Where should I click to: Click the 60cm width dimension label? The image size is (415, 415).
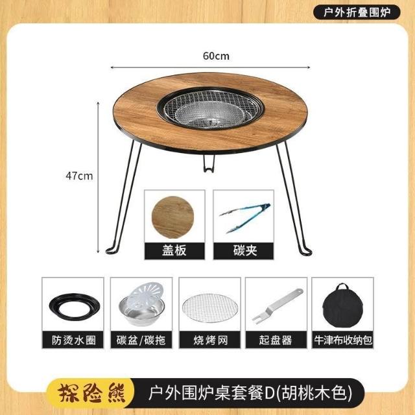216,56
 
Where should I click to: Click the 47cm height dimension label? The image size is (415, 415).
79,176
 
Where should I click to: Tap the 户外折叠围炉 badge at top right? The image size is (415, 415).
357,12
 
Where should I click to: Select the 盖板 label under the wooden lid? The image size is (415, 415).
174,250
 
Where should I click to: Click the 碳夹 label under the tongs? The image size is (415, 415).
244,250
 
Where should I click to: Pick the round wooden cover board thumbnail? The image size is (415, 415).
173,217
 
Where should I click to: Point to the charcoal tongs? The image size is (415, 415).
244,218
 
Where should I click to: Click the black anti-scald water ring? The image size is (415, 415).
75,306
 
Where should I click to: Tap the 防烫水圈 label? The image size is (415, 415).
73,340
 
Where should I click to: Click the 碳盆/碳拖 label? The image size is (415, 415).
141,340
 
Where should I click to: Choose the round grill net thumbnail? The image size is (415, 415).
209,308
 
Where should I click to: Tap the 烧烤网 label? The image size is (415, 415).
210,340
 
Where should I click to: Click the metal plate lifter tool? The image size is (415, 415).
277,305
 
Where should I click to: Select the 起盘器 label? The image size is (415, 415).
276,340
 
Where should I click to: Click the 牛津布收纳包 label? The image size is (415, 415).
343,340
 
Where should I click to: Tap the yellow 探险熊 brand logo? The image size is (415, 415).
92,393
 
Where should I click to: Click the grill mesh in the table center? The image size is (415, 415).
210,108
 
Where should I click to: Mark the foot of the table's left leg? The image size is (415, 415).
112,250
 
